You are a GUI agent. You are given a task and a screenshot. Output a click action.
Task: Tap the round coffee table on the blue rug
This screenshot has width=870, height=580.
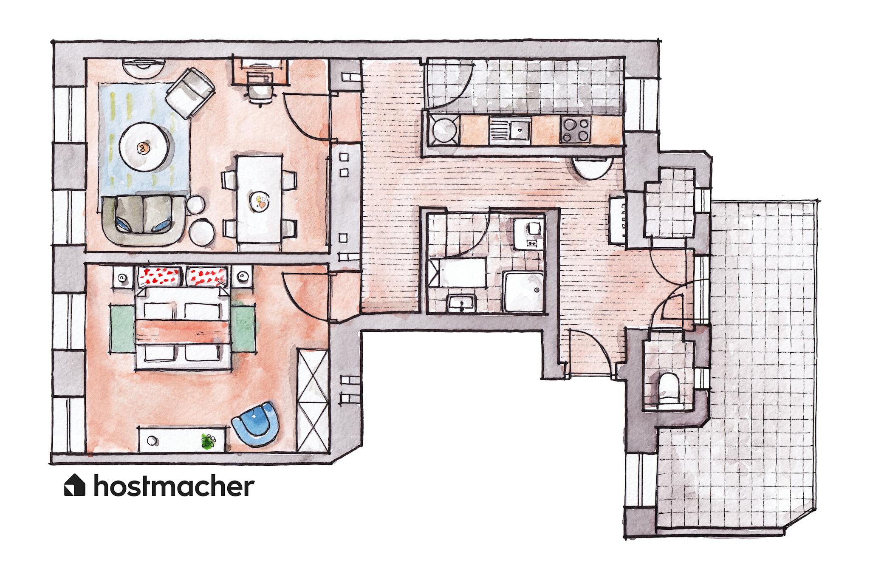[x=144, y=147]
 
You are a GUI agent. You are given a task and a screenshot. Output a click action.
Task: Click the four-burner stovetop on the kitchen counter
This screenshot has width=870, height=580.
[x=576, y=130]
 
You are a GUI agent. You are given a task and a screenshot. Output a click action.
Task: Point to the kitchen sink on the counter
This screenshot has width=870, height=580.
[x=510, y=130]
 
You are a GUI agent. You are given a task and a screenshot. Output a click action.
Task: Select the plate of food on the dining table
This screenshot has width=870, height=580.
[x=260, y=201]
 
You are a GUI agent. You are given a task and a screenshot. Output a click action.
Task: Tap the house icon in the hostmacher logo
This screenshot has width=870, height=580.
[x=75, y=485]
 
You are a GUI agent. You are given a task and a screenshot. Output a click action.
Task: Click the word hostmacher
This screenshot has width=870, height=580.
[x=174, y=486]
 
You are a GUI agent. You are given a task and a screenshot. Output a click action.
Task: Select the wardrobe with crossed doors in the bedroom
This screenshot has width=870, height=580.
[x=312, y=399]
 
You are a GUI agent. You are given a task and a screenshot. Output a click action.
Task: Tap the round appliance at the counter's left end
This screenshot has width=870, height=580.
[x=444, y=129]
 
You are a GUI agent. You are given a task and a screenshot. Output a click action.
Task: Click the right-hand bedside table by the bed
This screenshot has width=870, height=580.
[x=242, y=277]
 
